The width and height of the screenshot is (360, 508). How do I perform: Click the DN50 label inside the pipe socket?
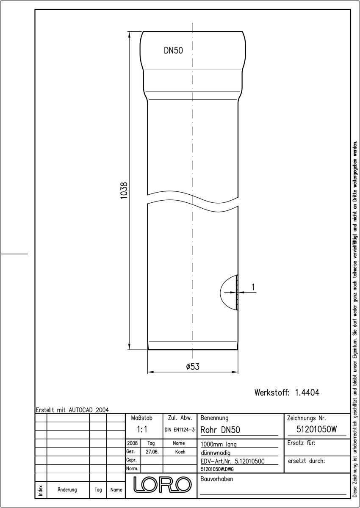pyautogui.click(x=173, y=50)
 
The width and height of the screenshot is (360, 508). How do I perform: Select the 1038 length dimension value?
pyautogui.click(x=124, y=190)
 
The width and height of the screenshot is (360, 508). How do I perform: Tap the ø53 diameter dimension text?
pyautogui.click(x=193, y=367)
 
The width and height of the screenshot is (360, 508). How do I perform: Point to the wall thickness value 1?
pyautogui.click(x=253, y=287)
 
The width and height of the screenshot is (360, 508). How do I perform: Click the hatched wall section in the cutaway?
pyautogui.click(x=237, y=293)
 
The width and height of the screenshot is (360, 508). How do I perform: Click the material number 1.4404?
pyautogui.click(x=307, y=392)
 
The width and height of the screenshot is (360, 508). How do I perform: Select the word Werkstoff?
pyautogui.click(x=272, y=392)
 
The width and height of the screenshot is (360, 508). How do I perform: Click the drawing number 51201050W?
pyautogui.click(x=317, y=429)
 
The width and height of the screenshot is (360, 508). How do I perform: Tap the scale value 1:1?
pyautogui.click(x=142, y=429)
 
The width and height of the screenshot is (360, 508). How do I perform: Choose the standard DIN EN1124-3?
pyautogui.click(x=180, y=430)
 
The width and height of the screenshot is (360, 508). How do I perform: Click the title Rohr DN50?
pyautogui.click(x=220, y=430)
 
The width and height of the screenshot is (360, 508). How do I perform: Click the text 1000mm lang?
pyautogui.click(x=219, y=444)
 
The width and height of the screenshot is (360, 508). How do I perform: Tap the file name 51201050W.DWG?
pyautogui.click(x=217, y=469)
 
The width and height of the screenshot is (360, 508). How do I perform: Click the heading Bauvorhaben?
pyautogui.click(x=216, y=479)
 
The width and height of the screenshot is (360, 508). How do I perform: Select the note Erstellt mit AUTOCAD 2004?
pyautogui.click(x=72, y=410)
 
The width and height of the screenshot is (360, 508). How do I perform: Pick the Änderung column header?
pyautogui.click(x=67, y=490)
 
